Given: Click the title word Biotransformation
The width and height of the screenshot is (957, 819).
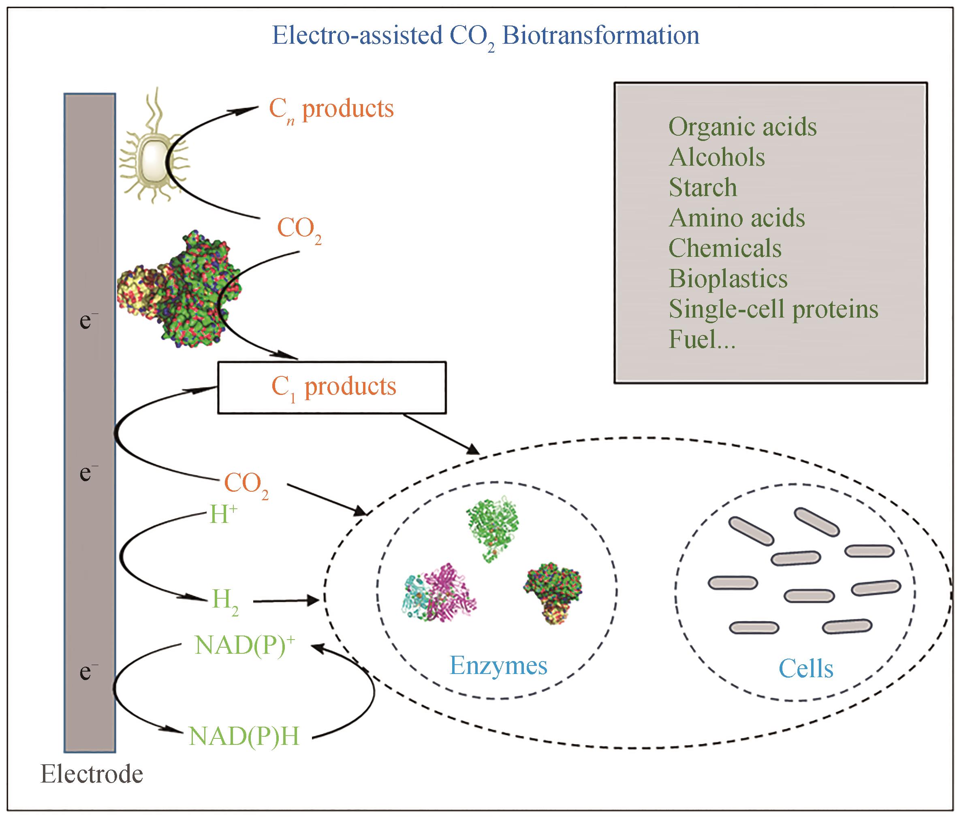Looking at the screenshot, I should coord(600,36).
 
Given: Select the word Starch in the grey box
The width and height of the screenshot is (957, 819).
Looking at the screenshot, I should coord(703,188).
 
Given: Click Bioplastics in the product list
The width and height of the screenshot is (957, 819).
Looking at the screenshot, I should coord(728,279).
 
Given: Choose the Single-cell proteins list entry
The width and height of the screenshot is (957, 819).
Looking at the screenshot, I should coord(773,309).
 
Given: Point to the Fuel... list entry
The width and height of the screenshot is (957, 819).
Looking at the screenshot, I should coord(702,340).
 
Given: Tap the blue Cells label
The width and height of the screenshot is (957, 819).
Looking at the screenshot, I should coord(806,668).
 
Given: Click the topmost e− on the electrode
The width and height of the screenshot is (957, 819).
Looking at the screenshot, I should coord(88,320).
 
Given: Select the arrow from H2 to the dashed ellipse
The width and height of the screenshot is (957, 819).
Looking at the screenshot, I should coord(286,601).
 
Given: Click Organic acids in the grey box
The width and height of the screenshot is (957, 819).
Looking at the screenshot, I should coord(742,127).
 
